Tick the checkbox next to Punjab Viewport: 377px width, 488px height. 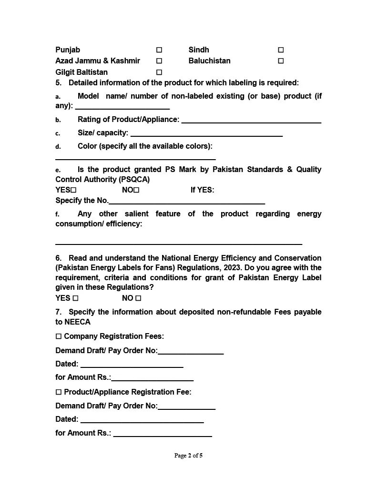tap(159, 50)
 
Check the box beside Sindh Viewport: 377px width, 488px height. tap(281, 50)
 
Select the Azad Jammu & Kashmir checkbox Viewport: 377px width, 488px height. tap(159, 61)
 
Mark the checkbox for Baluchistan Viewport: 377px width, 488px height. tap(281, 61)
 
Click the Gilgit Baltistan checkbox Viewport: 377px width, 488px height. tap(159, 72)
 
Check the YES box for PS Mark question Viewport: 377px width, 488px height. tap(74, 190)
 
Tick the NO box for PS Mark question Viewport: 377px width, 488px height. tap(136, 190)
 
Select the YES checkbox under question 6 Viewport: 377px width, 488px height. tap(75, 298)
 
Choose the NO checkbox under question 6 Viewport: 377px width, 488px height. tap(138, 298)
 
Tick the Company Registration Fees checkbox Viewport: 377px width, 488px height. tap(59, 336)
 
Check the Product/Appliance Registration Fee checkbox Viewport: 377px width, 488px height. tap(59, 392)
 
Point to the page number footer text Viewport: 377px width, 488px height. tap(188, 456)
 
